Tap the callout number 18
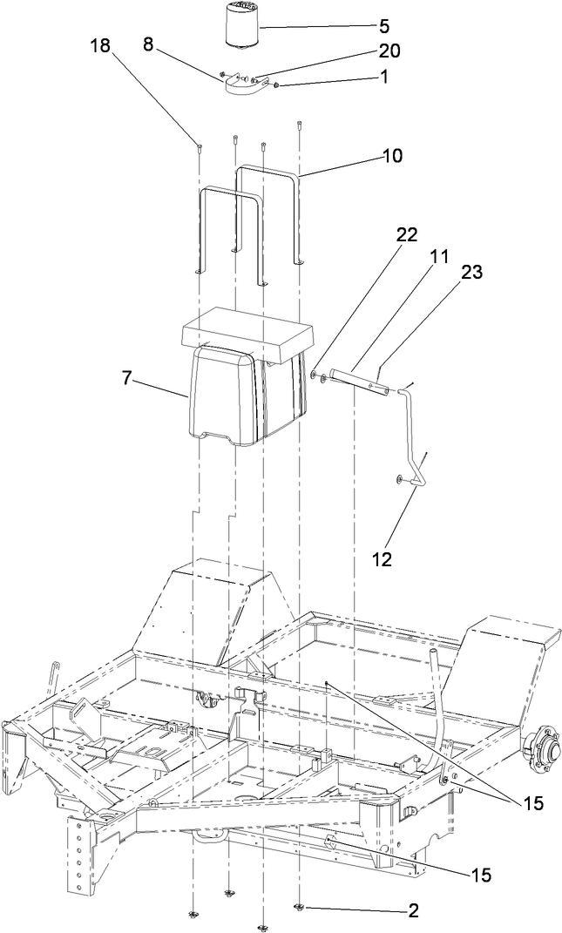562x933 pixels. (x=101, y=46)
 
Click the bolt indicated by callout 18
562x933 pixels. (x=200, y=146)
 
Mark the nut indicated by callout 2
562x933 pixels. (x=299, y=908)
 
